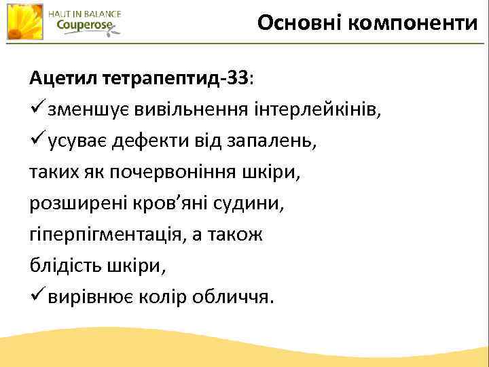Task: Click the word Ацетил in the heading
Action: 62,78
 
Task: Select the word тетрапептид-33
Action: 176,78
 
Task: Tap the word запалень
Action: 268,142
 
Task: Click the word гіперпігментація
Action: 116,235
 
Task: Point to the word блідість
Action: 65,266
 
